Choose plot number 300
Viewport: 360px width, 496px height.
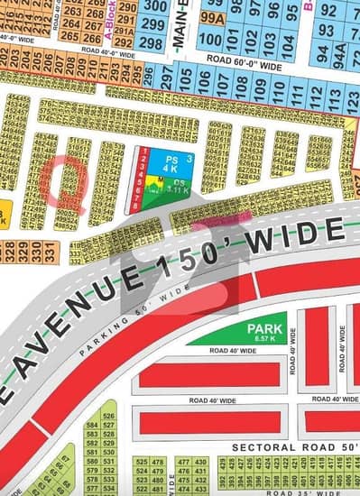click(x=154, y=7)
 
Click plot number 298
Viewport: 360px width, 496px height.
click(x=152, y=42)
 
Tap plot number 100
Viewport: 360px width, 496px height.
click(x=208, y=41)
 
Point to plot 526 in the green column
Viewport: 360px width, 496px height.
click(x=109, y=416)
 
